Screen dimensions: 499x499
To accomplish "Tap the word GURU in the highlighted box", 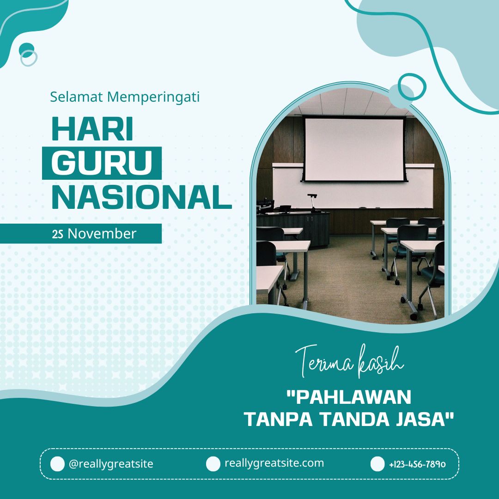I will [x=102, y=163].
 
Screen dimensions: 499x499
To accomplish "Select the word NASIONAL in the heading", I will [x=141, y=197].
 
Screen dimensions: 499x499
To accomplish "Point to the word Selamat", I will [x=76, y=97].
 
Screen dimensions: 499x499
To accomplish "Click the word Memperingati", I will [x=153, y=97].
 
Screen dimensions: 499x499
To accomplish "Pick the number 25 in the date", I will [x=58, y=234].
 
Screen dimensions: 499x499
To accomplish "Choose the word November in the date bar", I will [x=102, y=234].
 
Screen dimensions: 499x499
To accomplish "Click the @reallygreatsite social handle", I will [x=111, y=464].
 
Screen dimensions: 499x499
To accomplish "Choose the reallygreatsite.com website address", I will [x=274, y=463].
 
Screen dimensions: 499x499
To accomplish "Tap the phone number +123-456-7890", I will [x=417, y=464].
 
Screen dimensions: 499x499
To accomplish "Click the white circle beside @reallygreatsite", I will [x=57, y=464].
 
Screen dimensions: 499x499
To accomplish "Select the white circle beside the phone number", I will [x=377, y=464].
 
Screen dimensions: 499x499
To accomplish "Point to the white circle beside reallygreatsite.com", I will [x=213, y=464].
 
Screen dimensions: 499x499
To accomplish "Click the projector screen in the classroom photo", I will [x=353, y=148].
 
